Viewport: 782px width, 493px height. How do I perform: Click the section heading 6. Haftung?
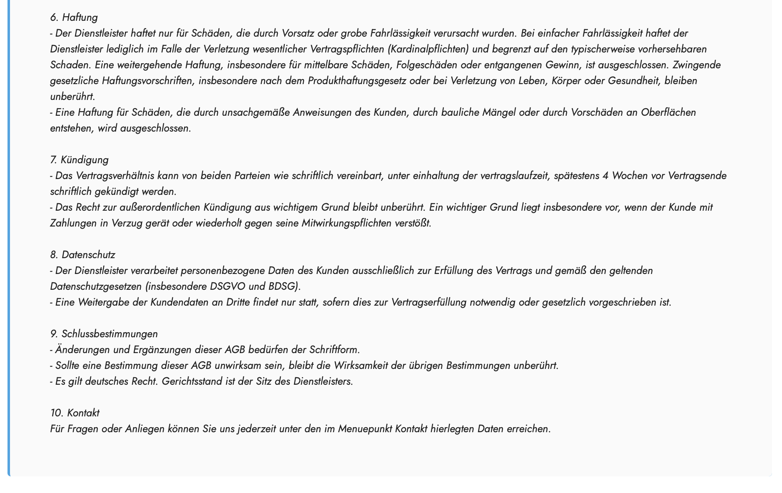click(74, 17)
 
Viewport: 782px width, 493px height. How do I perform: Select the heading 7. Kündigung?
click(79, 160)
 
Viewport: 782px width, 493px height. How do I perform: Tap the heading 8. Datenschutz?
click(82, 255)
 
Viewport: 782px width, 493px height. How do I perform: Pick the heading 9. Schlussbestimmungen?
click(104, 334)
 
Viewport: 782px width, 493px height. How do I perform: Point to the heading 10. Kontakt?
click(75, 413)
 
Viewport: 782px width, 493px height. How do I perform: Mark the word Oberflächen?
click(668, 112)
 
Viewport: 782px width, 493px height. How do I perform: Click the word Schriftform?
click(334, 350)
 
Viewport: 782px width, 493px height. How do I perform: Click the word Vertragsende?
click(697, 176)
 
